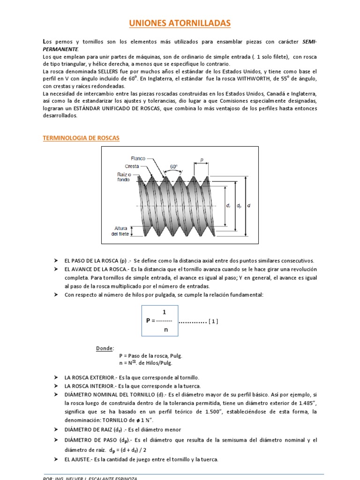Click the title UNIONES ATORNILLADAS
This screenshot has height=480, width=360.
pos(180,23)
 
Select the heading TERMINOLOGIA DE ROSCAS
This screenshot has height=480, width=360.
pos(81,138)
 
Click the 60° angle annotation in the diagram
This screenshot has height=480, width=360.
pos(174,166)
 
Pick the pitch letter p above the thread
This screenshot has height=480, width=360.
pos(202,159)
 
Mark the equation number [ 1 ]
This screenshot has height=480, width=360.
pos(213,321)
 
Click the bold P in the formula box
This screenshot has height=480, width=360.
pos(148,321)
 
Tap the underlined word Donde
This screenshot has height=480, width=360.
pos(105,348)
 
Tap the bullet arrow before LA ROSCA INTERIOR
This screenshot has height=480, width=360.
pos(55,386)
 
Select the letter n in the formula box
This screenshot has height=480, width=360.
pos(165,330)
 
